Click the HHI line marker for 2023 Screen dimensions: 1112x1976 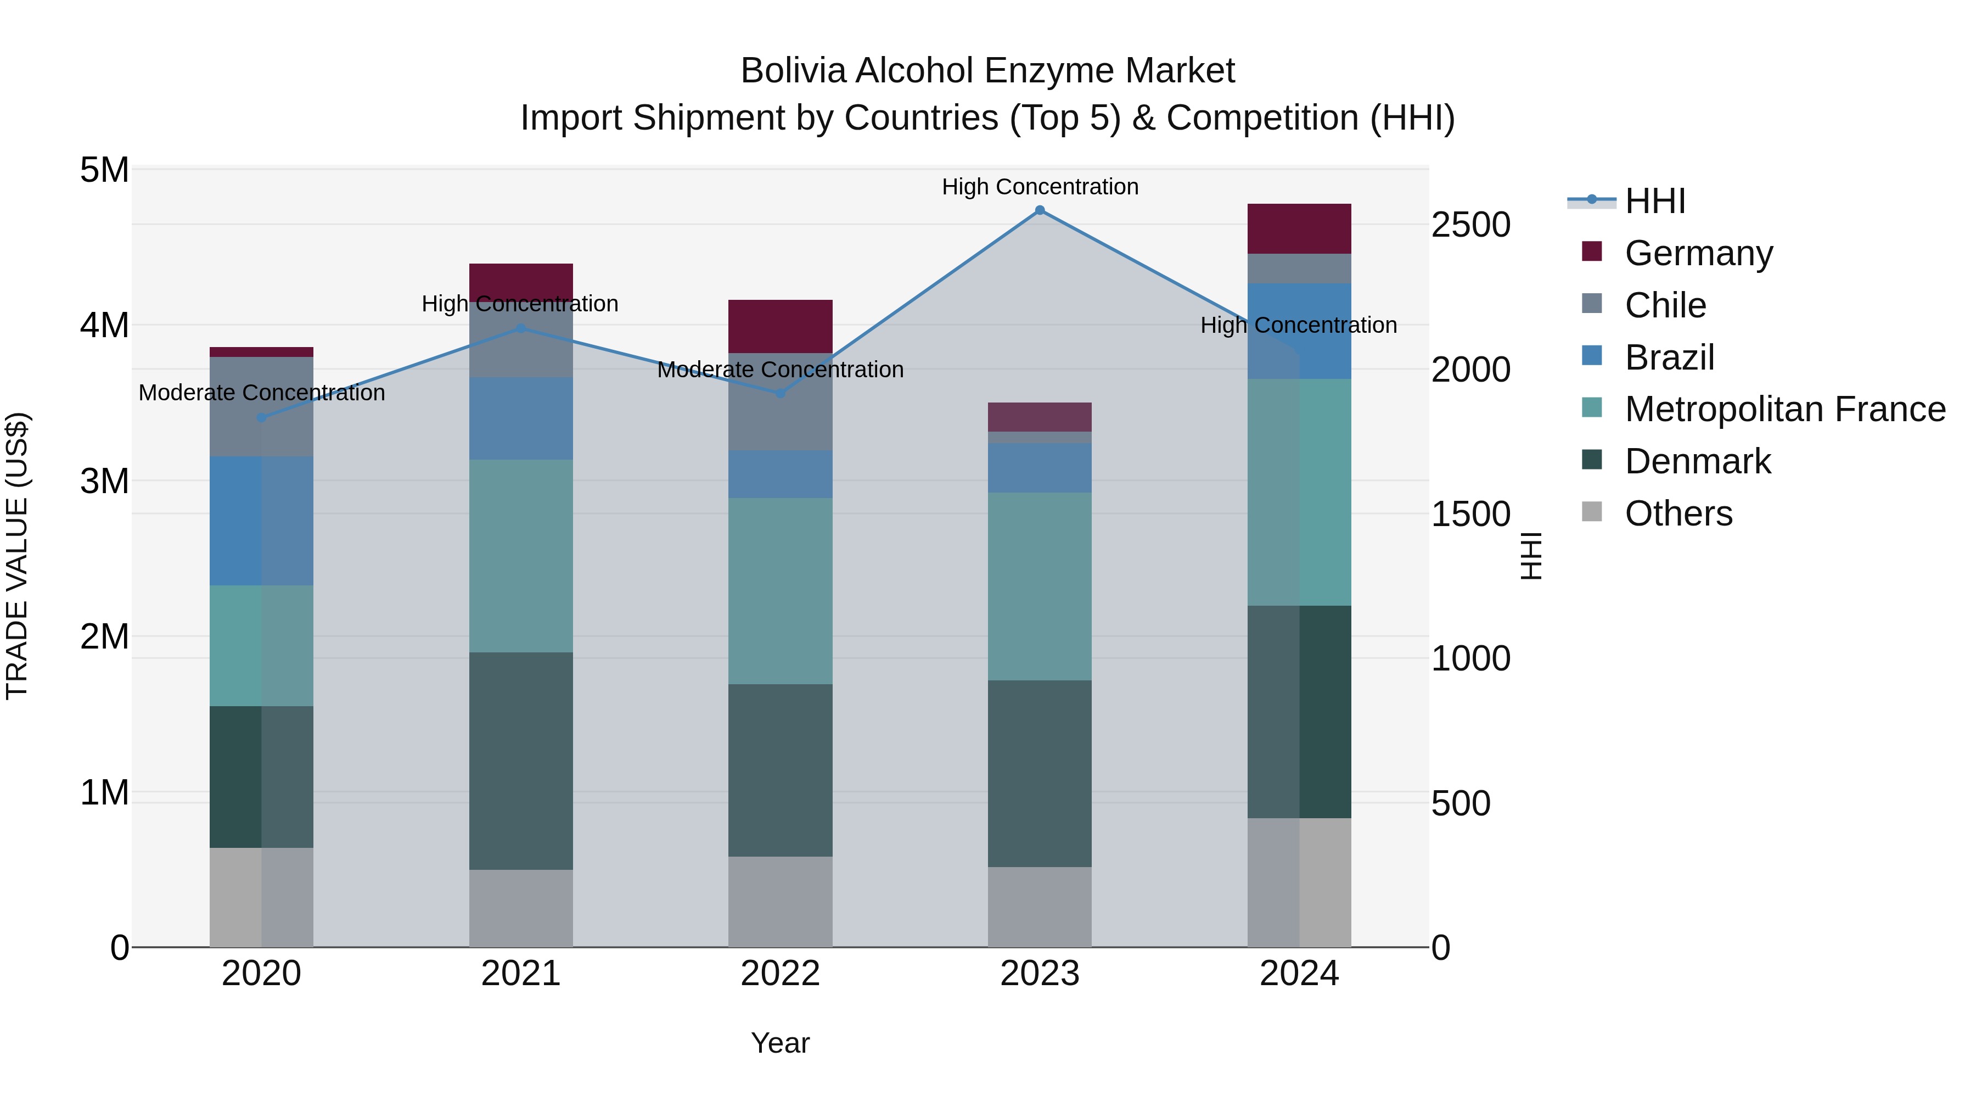[x=1040, y=210]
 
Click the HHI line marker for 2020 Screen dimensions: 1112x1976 [x=262, y=417]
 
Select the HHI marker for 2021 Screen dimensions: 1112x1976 [x=521, y=328]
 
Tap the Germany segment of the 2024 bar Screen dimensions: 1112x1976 [x=1299, y=228]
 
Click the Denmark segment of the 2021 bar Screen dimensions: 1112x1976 [x=521, y=761]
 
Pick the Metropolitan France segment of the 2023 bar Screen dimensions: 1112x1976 [x=1040, y=586]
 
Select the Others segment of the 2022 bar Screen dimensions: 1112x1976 [x=780, y=901]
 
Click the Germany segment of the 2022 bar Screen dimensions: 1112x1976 [x=780, y=326]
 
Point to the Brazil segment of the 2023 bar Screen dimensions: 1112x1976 [x=1040, y=467]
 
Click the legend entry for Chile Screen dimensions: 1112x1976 [x=1665, y=305]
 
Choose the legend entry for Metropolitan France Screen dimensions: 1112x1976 [x=1784, y=409]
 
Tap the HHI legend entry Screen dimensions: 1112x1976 [x=1654, y=201]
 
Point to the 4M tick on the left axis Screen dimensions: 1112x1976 [x=104, y=326]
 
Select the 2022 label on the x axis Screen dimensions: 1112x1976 [x=780, y=974]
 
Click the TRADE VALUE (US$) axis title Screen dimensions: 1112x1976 [x=17, y=556]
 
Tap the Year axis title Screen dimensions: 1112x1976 [x=780, y=1043]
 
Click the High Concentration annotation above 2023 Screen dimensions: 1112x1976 [x=1040, y=187]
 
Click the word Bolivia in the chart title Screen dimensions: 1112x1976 [x=794, y=71]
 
